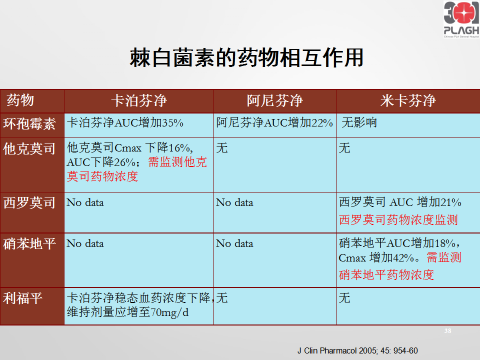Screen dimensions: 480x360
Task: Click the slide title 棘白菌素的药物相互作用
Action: click(x=246, y=57)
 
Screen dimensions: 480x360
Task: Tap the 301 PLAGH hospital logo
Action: click(x=461, y=19)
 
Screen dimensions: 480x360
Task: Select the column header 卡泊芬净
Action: click(x=138, y=100)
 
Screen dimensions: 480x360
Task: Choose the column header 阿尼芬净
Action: click(x=274, y=100)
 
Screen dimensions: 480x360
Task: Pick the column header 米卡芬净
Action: click(x=408, y=100)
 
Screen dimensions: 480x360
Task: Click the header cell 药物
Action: click(x=20, y=100)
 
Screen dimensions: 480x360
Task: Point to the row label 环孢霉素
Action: click(x=29, y=124)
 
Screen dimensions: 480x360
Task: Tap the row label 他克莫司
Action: click(x=29, y=149)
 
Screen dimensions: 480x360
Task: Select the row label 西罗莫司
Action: click(x=29, y=202)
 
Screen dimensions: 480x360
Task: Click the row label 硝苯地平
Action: click(x=29, y=243)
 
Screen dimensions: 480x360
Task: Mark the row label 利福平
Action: click(x=22, y=298)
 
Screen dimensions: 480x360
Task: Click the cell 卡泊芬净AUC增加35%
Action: click(x=125, y=123)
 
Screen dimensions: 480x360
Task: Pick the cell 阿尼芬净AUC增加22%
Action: click(x=274, y=123)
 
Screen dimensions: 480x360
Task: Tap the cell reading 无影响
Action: click(x=359, y=122)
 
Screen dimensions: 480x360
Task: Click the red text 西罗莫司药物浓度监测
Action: click(x=398, y=220)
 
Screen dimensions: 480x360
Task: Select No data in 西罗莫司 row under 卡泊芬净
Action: click(x=85, y=202)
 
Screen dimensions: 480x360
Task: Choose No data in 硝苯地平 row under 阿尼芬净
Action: click(x=234, y=243)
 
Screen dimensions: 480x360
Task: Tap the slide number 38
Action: click(x=447, y=331)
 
